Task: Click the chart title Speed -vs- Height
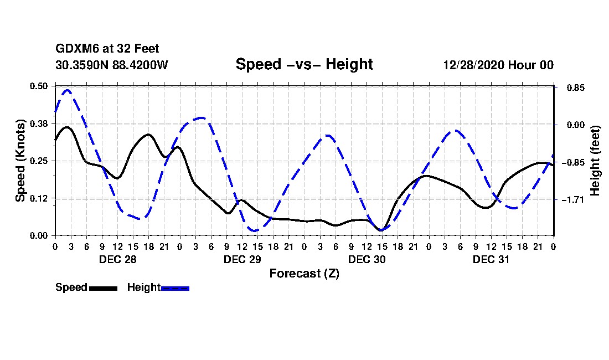(x=304, y=64)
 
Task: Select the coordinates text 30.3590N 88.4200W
(x=111, y=65)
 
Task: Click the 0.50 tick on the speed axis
(x=39, y=86)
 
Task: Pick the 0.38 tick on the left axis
(x=39, y=124)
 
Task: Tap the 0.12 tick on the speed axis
(x=39, y=198)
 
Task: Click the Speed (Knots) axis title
(x=20, y=160)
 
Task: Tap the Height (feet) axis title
(x=595, y=161)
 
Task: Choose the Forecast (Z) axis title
(x=304, y=273)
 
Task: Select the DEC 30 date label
(x=367, y=259)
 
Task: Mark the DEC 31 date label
(x=491, y=259)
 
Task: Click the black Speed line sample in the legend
(x=102, y=288)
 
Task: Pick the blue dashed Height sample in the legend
(x=175, y=288)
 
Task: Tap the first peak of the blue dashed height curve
(x=68, y=90)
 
